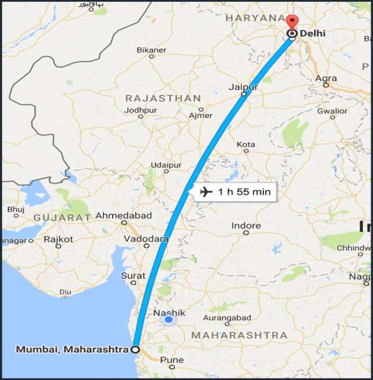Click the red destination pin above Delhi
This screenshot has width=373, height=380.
click(291, 22)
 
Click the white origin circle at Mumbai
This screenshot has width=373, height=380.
click(135, 348)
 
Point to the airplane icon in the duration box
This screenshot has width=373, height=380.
click(205, 191)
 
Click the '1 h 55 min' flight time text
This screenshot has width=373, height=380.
click(244, 192)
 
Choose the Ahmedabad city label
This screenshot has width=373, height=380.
click(123, 215)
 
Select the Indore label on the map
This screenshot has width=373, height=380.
click(246, 225)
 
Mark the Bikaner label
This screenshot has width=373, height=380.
click(151, 49)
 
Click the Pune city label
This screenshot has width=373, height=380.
click(172, 360)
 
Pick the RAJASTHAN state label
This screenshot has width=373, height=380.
click(163, 98)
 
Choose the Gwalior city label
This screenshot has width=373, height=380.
click(332, 111)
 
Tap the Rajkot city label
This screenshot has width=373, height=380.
click(58, 239)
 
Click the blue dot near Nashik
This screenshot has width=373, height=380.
click(168, 320)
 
